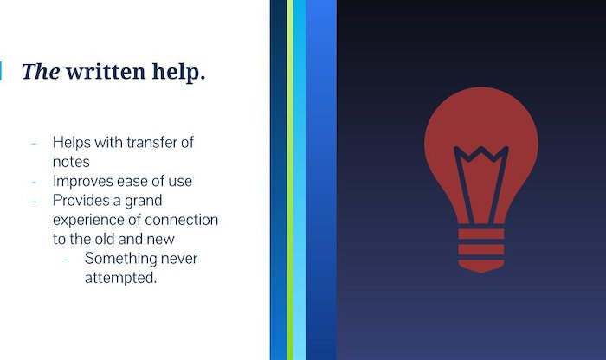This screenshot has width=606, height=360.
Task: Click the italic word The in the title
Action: click(41, 72)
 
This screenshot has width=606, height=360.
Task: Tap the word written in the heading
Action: click(106, 72)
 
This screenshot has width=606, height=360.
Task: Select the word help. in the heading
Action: click(178, 72)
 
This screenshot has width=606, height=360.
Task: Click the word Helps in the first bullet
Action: click(72, 143)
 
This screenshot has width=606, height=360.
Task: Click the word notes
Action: click(71, 162)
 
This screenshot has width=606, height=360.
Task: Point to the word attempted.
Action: click(120, 278)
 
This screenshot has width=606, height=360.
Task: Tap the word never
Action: click(179, 259)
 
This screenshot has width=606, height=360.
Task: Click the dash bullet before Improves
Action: click(34, 182)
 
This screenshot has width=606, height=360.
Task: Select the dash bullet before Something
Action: click(66, 260)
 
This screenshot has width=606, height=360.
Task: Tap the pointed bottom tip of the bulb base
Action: click(481, 272)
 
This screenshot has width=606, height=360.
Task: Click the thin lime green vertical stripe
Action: click(290, 180)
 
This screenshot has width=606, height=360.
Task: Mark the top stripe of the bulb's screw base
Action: click(481, 234)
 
